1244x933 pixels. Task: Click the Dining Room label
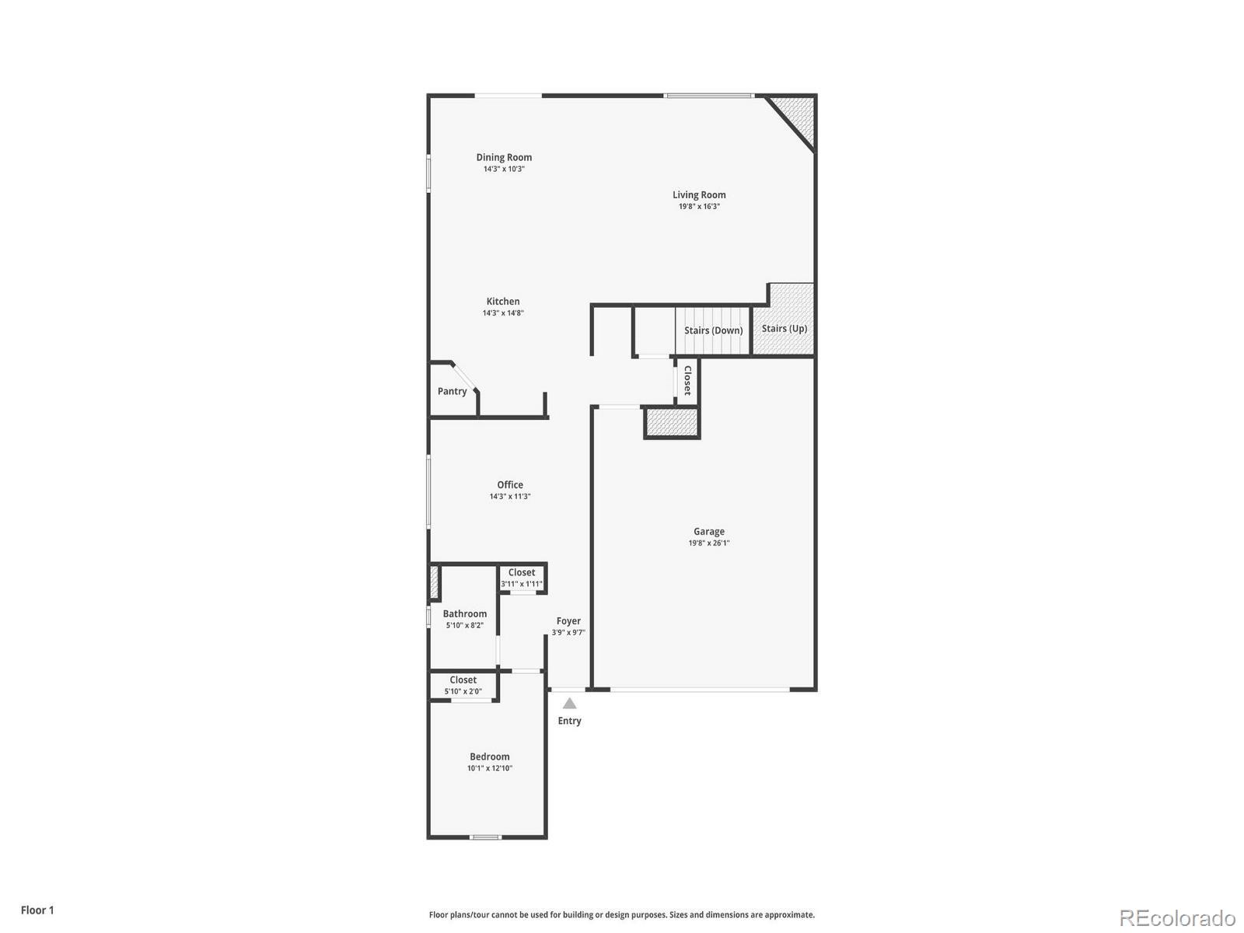[504, 157]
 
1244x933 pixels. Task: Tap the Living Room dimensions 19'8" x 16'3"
[699, 207]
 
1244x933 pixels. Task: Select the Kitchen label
[503, 302]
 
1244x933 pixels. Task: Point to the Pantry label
[452, 391]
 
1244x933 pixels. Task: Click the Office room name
[510, 485]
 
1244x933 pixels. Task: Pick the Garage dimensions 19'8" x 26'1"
[708, 543]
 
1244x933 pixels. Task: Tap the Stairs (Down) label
[713, 330]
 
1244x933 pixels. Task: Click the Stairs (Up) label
[784, 329]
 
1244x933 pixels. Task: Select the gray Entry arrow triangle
[570, 704]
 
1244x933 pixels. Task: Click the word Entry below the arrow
[569, 721]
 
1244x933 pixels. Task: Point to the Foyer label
[568, 621]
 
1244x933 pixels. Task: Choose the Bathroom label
[465, 614]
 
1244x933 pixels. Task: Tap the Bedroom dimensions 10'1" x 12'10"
[490, 768]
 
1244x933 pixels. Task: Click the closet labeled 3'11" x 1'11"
[522, 578]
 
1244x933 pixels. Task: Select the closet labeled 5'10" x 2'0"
[463, 685]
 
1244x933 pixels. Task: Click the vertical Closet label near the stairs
[687, 380]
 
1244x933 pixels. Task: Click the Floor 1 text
[37, 910]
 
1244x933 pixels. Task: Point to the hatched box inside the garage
[672, 423]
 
